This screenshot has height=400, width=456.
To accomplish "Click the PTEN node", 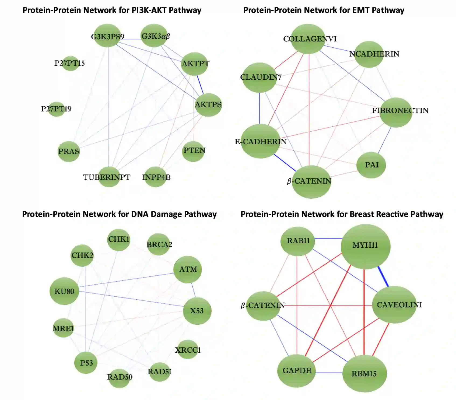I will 193,151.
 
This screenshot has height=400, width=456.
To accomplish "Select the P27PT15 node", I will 70,64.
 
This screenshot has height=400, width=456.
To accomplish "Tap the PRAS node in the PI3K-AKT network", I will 69,151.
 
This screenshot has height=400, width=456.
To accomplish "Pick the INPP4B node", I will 156,177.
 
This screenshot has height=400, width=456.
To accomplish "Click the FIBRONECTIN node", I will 396,112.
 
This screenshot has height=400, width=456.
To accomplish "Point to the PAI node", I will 371,165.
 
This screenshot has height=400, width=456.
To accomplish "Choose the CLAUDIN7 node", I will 259,78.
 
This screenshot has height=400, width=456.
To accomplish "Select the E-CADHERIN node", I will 260,141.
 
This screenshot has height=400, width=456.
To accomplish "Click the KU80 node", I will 64,291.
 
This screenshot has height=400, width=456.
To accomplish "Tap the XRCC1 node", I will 188,349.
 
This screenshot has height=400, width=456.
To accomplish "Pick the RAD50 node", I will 120,377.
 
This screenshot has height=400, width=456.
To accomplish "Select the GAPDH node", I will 297,370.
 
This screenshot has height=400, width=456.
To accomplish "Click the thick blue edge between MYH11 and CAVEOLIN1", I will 383,276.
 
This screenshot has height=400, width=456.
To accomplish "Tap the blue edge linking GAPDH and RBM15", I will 329,373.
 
